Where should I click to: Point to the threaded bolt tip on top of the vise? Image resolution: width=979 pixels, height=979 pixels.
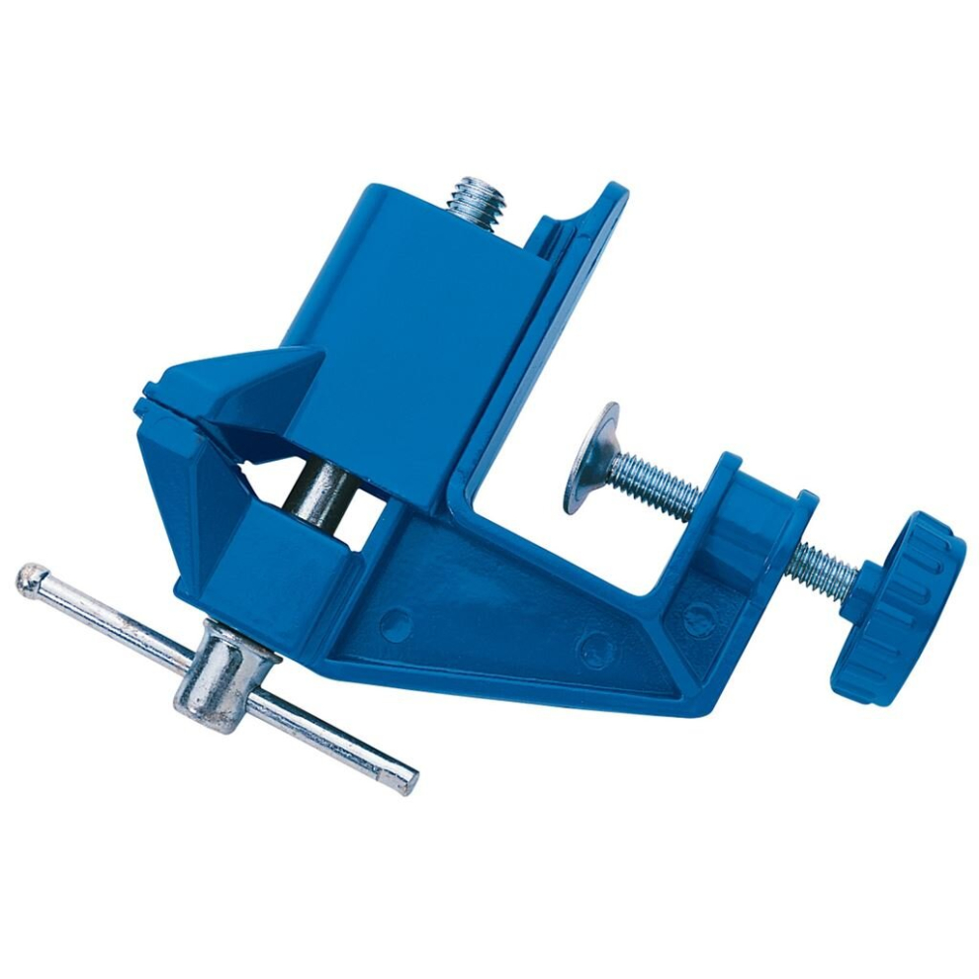476,202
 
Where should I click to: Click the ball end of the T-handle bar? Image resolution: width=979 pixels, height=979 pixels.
31,580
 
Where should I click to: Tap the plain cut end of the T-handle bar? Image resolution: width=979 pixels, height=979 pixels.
405,780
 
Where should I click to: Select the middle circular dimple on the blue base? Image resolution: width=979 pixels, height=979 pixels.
594,649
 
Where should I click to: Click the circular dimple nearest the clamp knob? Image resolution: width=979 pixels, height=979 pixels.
698,619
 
